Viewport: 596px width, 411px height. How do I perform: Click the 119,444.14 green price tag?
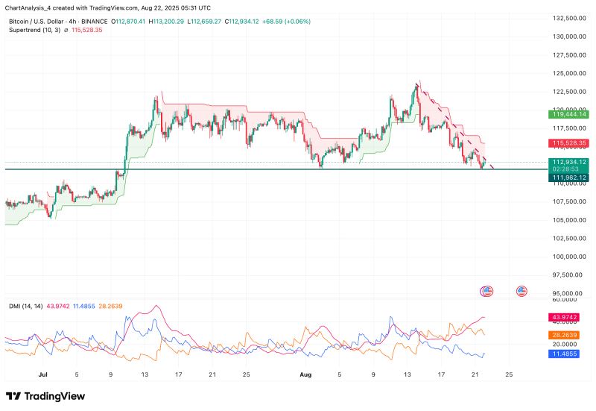[x=569, y=114]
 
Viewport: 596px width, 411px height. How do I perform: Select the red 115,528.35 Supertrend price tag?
[x=569, y=142]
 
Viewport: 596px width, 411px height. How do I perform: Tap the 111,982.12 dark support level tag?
[x=569, y=177]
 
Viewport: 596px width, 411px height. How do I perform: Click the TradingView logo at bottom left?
[x=45, y=396]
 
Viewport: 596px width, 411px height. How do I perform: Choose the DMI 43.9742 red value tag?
[x=569, y=317]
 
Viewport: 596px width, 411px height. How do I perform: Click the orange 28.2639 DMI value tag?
[x=569, y=336]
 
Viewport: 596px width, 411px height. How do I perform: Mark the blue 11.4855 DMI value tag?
[x=569, y=354]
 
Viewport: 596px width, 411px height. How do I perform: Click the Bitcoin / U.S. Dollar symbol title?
[x=36, y=21]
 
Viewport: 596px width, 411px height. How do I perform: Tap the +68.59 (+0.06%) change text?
[x=288, y=21]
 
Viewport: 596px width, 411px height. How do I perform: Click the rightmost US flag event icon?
[x=522, y=290]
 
